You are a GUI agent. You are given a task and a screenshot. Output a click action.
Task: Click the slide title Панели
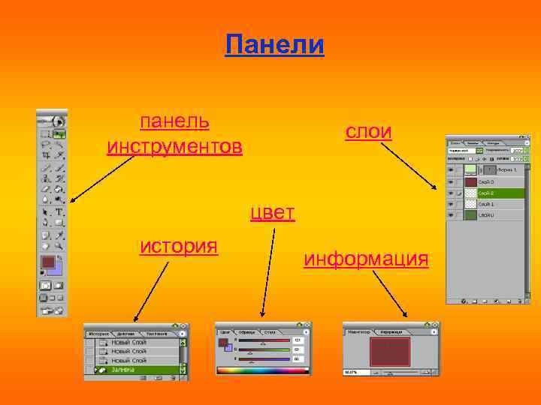[x=274, y=45]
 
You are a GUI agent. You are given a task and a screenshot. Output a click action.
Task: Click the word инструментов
[x=174, y=145]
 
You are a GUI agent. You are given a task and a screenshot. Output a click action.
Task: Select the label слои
[x=368, y=131]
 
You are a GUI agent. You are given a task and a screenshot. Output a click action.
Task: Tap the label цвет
[x=272, y=213]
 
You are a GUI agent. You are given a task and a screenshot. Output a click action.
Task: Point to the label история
[x=179, y=246]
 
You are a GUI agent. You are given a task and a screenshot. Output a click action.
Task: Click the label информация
[x=366, y=259]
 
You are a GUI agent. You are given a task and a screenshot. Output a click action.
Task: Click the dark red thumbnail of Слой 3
[x=470, y=181]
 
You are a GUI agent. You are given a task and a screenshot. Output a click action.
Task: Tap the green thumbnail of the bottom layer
[x=470, y=215]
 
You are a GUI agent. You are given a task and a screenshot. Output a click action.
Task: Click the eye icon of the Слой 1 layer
[x=452, y=204]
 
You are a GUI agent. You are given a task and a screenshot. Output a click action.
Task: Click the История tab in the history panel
[x=99, y=333]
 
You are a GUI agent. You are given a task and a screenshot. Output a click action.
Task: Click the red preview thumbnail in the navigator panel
[x=389, y=351]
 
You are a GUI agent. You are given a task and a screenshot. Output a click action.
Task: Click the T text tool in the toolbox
[x=59, y=212]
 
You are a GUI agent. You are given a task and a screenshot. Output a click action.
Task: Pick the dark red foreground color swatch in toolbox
[x=49, y=262]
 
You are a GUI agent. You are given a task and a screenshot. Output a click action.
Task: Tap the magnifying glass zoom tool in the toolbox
[x=59, y=245]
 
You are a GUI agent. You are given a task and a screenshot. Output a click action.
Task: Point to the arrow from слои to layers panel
[x=411, y=163]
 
